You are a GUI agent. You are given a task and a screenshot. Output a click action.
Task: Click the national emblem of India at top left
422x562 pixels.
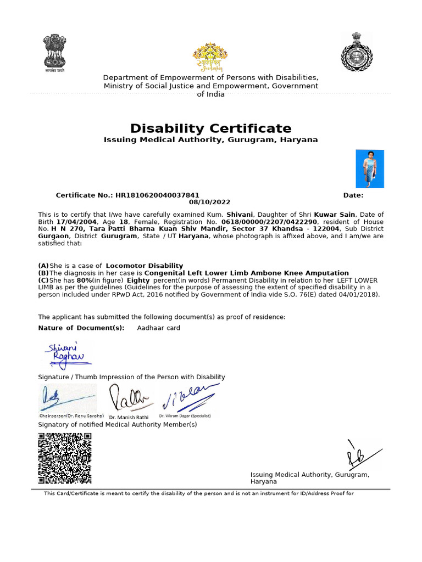coord(54,53)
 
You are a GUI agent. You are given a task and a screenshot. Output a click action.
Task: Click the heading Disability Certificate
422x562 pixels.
coord(211,128)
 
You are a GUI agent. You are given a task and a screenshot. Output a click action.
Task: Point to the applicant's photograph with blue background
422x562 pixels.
coord(370,169)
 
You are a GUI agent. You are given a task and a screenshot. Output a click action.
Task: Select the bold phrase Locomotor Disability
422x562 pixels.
coord(145,266)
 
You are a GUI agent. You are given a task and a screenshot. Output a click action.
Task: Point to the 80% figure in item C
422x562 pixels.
coord(84,280)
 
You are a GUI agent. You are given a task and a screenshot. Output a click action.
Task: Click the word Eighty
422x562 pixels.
coord(138,280)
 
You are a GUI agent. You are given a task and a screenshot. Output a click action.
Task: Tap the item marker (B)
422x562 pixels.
coord(43,273)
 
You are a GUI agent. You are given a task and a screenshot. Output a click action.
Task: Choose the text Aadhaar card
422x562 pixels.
coord(158,328)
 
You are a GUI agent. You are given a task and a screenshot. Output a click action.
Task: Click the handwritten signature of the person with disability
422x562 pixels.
coord(66,354)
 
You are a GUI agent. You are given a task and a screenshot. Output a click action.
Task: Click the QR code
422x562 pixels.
coord(64,458)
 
